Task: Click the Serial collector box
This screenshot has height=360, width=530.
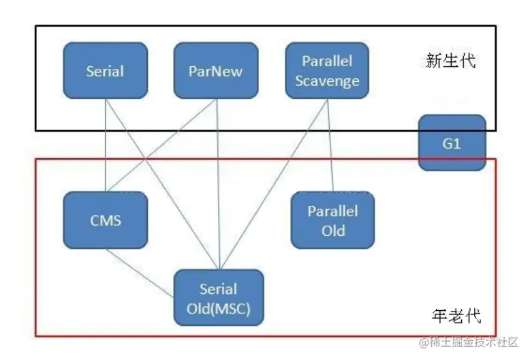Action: [105, 70]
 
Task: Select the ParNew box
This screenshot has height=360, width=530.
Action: [215, 70]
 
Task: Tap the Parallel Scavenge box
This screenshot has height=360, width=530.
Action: [326, 70]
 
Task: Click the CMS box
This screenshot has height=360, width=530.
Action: [105, 220]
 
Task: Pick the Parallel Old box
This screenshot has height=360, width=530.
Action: [332, 220]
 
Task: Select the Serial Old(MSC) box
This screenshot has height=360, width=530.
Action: [218, 297]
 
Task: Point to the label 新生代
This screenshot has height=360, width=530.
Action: [450, 61]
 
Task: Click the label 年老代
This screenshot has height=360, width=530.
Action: [456, 316]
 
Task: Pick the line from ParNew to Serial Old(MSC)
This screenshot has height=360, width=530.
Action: [217, 184]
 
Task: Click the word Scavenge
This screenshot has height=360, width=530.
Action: [326, 81]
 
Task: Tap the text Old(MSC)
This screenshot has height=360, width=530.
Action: [218, 308]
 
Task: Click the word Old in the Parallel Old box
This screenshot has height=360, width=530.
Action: [333, 230]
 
